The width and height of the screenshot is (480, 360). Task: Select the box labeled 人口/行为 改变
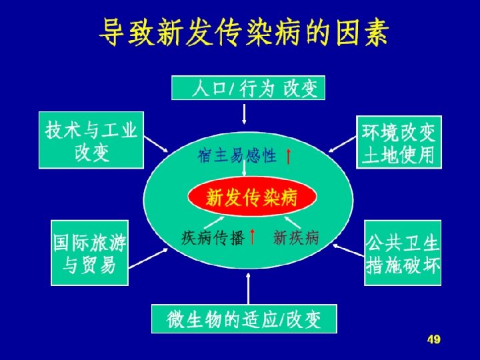click(x=248, y=87)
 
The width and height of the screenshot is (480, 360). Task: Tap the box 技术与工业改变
click(x=91, y=139)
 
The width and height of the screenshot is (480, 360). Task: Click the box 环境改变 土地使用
click(x=399, y=141)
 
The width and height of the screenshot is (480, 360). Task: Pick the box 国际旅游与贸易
click(x=90, y=253)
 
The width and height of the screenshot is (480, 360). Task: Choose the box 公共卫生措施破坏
click(x=403, y=253)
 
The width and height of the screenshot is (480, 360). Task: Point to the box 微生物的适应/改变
click(x=244, y=319)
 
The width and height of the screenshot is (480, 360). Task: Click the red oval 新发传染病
click(x=252, y=197)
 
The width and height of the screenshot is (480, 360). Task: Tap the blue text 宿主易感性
click(x=237, y=156)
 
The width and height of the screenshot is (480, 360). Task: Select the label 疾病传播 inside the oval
click(x=213, y=238)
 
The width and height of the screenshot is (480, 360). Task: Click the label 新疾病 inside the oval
click(x=297, y=237)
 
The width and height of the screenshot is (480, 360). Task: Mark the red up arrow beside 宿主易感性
click(x=287, y=157)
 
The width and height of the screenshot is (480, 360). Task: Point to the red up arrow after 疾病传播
click(x=252, y=237)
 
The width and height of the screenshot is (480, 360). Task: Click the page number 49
click(x=433, y=340)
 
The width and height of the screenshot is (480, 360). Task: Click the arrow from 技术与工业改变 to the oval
click(x=157, y=146)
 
